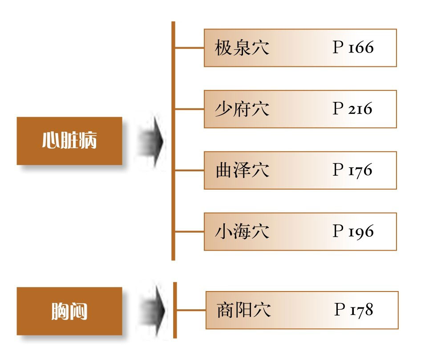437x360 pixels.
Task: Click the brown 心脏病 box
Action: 69,141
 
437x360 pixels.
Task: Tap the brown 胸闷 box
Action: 69,311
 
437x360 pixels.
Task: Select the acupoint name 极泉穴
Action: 242,48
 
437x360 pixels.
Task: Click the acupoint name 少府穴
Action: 242,109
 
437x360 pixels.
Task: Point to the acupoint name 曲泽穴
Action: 242,170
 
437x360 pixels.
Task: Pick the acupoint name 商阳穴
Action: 243,310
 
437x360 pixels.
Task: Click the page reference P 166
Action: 353,48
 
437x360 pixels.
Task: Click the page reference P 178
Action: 354,310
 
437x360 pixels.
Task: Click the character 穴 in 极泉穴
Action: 260,48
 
